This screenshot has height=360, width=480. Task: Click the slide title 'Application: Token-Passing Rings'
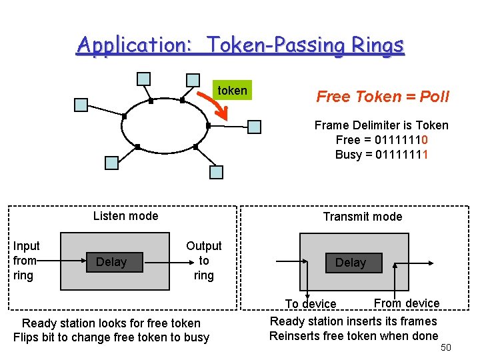tap(240, 45)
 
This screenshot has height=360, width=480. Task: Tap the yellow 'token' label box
tap(232, 91)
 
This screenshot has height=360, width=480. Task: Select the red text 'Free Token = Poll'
tap(383, 97)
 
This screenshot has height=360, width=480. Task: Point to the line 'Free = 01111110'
tap(381, 140)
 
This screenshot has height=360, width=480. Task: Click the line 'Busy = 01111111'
tap(381, 155)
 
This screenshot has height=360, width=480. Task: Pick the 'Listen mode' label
tap(125, 215)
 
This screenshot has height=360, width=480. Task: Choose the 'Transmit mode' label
tap(363, 216)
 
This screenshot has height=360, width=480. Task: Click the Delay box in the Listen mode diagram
tap(111, 262)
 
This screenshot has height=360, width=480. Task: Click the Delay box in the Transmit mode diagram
tap(351, 263)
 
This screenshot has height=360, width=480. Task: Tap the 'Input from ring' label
tap(27, 261)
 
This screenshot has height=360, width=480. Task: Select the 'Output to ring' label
tap(203, 261)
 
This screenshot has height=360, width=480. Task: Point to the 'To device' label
tap(311, 304)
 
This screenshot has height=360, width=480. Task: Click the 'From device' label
tap(407, 303)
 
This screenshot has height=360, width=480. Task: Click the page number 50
tap(446, 348)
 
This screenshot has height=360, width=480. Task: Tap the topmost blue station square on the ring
tap(143, 79)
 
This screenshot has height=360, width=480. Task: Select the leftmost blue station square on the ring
tap(81, 104)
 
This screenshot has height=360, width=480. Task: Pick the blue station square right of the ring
tap(255, 127)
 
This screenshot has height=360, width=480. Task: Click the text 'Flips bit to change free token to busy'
tap(111, 337)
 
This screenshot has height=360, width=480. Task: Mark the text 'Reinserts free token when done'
tap(353, 336)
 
